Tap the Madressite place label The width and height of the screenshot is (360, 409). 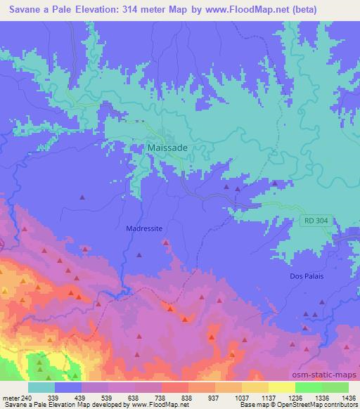[x=144, y=228]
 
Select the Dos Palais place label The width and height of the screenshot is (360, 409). [x=307, y=276]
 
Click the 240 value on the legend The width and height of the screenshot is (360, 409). [x=28, y=398]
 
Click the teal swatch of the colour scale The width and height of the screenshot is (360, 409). [x=41, y=387]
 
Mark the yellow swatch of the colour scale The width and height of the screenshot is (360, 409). [x=281, y=387]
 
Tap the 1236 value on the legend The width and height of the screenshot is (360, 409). [x=295, y=398]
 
